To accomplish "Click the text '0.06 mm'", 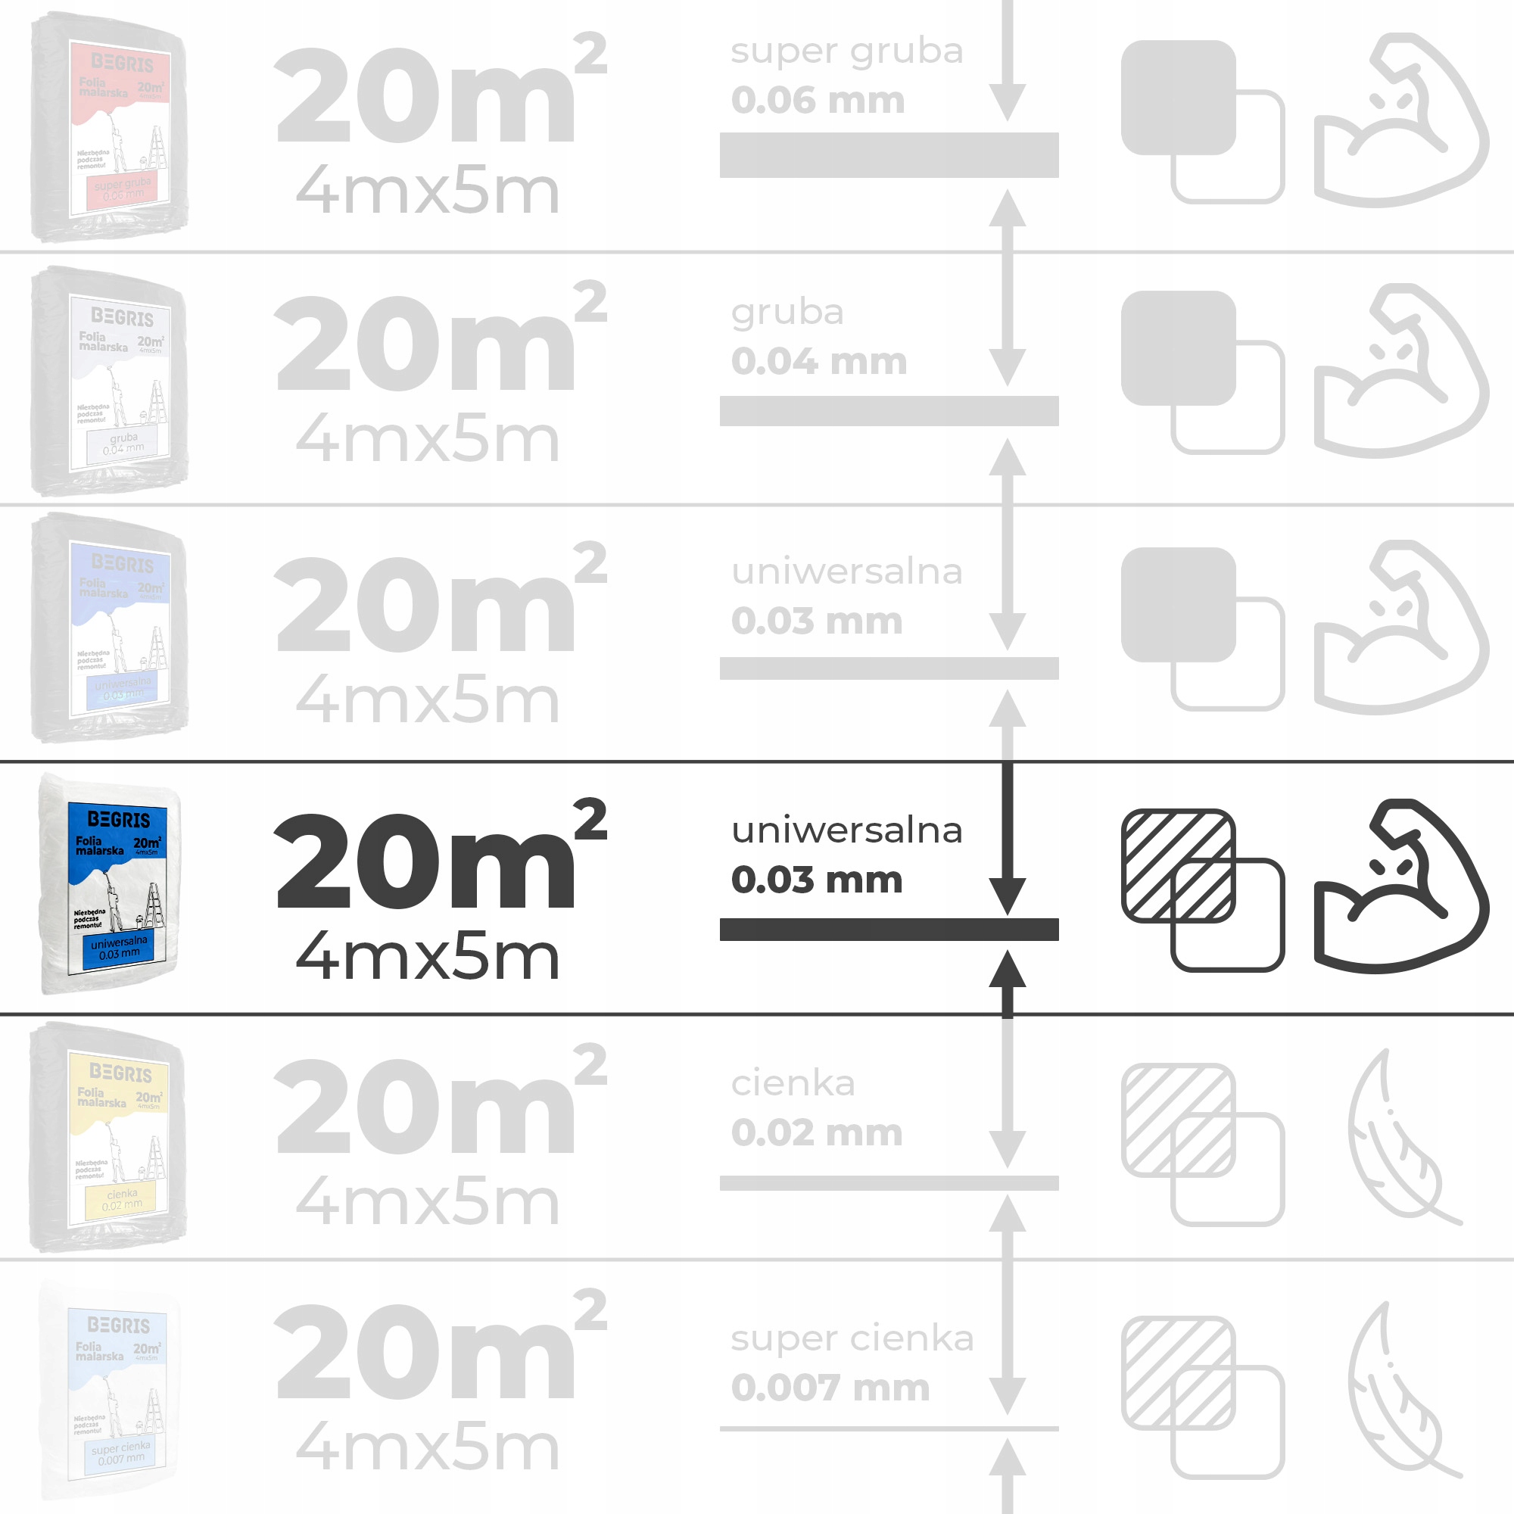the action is coord(818,101).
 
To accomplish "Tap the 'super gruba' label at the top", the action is coord(846,51).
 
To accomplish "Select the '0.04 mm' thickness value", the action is coord(819,361).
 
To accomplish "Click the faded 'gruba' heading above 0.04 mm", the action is coord(787,313).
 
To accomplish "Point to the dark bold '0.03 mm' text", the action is coord(817,879).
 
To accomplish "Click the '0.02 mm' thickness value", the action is coord(817,1132).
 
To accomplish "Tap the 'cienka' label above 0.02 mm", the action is coord(793,1083).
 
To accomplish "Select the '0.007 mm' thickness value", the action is coord(830,1388).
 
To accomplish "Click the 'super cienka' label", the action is coord(852,1338).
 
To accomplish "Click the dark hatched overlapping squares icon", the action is coord(1202,889).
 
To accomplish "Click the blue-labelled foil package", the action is coord(110,884).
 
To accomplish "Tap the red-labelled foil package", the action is coord(110,127).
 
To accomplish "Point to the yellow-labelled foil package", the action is coord(108,1137).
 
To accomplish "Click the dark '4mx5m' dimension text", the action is coord(428,957).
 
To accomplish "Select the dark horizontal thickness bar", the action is coord(889,930).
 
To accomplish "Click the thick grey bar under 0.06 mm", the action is coord(889,155).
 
